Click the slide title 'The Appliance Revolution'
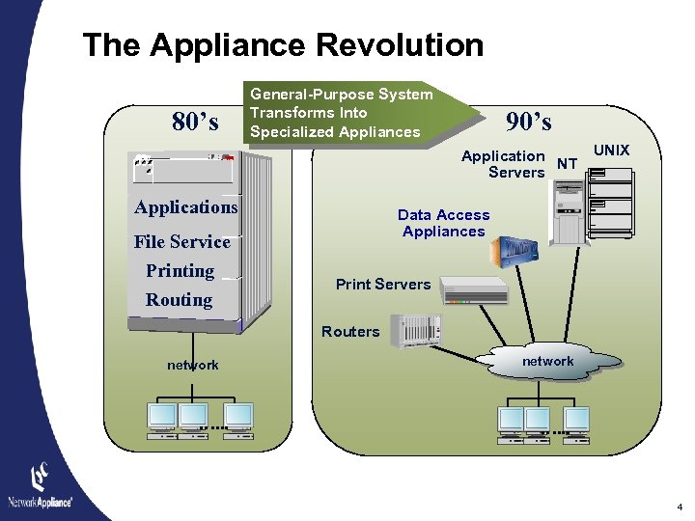[x=283, y=45]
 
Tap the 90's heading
[x=529, y=122]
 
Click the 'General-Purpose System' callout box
[x=341, y=113]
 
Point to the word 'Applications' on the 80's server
[x=185, y=207]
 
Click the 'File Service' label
[x=181, y=241]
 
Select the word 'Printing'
[x=180, y=271]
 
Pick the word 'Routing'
[x=179, y=300]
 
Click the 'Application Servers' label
[x=504, y=164]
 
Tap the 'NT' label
[x=569, y=165]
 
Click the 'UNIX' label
[x=611, y=151]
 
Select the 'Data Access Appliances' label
[x=443, y=223]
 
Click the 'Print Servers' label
[x=382, y=285]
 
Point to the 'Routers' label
[x=349, y=332]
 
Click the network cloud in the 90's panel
[x=547, y=362]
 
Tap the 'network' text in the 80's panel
[x=192, y=365]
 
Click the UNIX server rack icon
[x=611, y=203]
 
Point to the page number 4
[x=680, y=507]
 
